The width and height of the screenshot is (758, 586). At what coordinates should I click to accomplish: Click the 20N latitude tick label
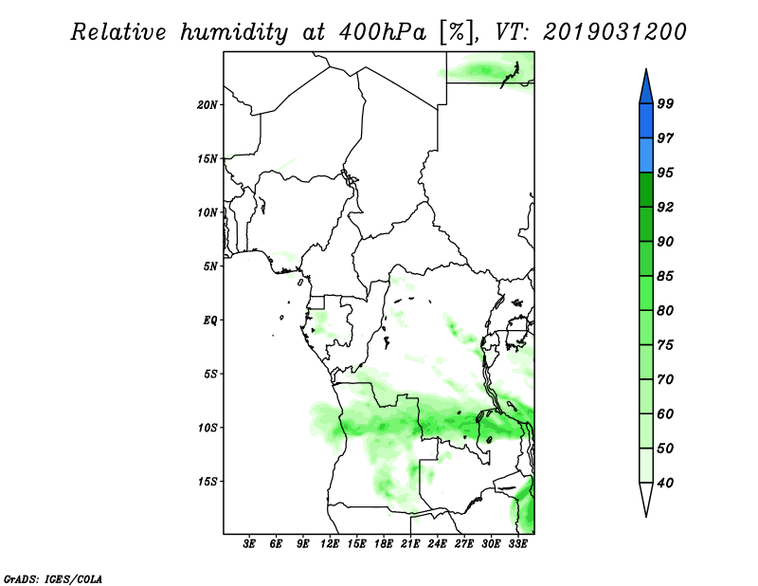(x=208, y=104)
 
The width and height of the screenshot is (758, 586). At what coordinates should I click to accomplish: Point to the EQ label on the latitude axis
(x=209, y=320)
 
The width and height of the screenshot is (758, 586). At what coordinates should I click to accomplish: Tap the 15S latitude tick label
(x=208, y=482)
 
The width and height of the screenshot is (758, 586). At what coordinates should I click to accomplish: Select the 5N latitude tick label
(x=210, y=266)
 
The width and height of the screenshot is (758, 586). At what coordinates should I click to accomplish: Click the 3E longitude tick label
(x=249, y=544)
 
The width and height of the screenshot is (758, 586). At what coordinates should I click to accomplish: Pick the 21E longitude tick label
(x=410, y=544)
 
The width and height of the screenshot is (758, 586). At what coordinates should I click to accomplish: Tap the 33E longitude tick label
(x=517, y=544)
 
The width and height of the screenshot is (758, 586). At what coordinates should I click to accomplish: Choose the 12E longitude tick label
(x=329, y=544)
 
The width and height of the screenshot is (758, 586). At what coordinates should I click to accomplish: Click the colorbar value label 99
(x=666, y=103)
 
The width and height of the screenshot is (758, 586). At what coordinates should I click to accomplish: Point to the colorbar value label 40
(x=666, y=483)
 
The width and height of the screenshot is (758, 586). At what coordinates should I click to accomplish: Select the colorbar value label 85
(x=666, y=276)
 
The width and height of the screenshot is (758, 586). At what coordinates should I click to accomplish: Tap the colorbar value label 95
(x=666, y=173)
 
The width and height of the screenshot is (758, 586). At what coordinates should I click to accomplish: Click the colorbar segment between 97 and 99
(x=646, y=121)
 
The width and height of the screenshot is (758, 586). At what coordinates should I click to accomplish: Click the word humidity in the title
(x=234, y=32)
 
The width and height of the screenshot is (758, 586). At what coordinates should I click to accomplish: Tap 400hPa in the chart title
(x=383, y=32)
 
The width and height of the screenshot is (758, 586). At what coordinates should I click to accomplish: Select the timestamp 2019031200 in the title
(x=614, y=32)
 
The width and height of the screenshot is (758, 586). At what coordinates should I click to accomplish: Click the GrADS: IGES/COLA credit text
(x=53, y=578)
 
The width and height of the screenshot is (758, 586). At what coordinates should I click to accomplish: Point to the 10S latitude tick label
(x=208, y=428)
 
